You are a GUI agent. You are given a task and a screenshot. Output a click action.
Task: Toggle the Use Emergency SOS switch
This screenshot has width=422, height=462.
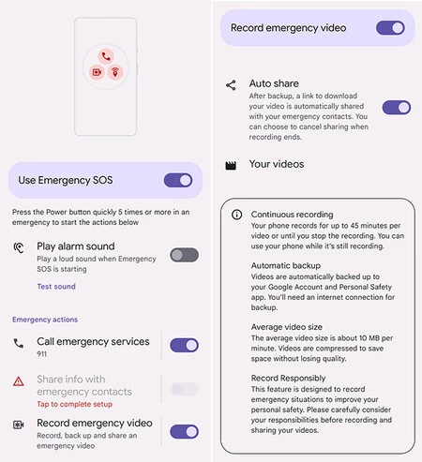tap(178, 180)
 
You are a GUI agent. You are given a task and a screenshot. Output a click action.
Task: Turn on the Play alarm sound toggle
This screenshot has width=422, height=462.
tap(184, 255)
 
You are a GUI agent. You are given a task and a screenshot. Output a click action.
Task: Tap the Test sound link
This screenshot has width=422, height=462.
tap(56, 287)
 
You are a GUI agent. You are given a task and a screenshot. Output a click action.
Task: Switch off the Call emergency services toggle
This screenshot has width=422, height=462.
tap(184, 345)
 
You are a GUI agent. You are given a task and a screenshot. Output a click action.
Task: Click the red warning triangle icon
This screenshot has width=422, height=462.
tap(19, 381)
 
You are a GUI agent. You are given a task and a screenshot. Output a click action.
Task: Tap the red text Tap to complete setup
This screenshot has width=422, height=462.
tap(74, 404)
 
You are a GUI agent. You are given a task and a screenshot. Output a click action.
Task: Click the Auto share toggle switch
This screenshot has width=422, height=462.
tap(397, 108)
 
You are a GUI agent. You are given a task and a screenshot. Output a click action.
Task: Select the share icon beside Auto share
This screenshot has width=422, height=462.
tap(231, 85)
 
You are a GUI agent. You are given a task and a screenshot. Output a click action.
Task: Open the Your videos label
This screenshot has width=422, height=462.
tap(277, 164)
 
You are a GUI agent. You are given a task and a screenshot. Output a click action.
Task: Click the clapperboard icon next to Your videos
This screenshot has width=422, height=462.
tap(231, 166)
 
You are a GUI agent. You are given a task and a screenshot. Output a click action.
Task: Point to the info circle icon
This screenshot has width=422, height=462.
tap(236, 215)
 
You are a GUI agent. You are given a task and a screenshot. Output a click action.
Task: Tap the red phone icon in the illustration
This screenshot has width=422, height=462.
tap(106, 56)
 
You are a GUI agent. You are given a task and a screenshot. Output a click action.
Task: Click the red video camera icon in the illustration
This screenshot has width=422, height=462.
tap(97, 72)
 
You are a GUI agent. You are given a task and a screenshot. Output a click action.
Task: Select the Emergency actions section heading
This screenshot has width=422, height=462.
tap(45, 320)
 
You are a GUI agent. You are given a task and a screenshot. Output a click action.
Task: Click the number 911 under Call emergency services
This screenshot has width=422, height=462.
tap(41, 354)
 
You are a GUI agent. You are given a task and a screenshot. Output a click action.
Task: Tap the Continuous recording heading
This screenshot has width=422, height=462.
tap(292, 215)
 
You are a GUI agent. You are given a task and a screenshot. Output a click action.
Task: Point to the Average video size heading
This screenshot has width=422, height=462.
tap(287, 327)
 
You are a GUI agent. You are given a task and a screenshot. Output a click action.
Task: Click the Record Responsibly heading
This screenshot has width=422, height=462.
tap(288, 379)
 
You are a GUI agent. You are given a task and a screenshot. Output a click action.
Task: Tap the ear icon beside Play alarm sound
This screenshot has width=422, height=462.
tap(19, 247)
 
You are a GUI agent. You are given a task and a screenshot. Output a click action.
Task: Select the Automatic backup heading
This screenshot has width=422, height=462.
tap(286, 265)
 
